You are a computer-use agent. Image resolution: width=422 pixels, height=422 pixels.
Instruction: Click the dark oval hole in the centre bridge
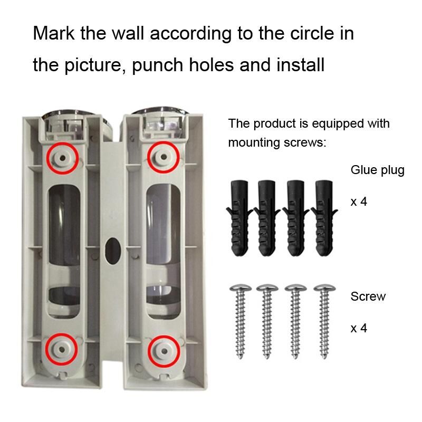[112, 251]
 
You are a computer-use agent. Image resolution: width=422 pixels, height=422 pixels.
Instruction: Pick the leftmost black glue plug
[239, 218]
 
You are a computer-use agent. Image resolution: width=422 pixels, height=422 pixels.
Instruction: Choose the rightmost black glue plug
[324, 218]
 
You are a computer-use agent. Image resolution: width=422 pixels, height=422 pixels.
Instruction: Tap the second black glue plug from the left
[266, 218]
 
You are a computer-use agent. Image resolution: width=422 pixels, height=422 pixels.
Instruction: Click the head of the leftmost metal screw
[241, 287]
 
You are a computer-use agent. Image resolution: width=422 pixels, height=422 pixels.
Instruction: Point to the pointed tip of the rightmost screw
[324, 358]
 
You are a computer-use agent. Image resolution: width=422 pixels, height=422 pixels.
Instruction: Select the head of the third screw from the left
[296, 287]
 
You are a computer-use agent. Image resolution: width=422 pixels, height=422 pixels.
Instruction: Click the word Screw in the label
[368, 296]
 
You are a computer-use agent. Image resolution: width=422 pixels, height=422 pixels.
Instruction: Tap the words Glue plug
[377, 170]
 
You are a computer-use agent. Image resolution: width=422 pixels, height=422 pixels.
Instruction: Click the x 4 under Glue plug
[359, 202]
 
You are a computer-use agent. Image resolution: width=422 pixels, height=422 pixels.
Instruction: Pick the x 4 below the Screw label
[359, 328]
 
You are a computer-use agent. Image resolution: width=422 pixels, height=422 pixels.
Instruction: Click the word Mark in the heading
[54, 33]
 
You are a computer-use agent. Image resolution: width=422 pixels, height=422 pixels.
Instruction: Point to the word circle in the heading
[312, 33]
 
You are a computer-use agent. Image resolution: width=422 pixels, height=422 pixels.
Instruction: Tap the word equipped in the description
[337, 124]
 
